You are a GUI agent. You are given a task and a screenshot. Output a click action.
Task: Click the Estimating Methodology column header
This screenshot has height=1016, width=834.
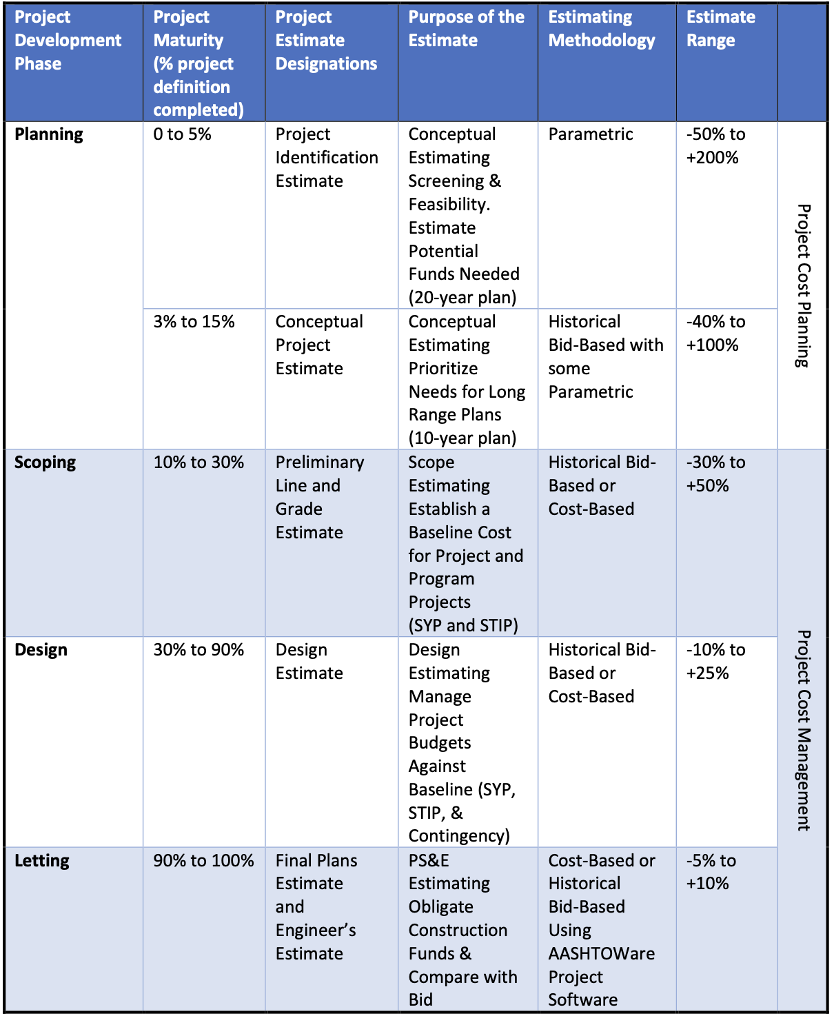click(601, 29)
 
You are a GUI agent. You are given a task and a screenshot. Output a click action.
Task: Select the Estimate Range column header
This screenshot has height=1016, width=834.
click(720, 29)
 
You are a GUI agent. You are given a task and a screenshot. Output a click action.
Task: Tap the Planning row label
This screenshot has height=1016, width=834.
click(49, 134)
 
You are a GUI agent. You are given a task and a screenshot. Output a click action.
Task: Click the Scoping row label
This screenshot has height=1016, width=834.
click(45, 463)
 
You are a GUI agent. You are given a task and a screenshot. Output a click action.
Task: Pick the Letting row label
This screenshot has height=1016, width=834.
click(42, 861)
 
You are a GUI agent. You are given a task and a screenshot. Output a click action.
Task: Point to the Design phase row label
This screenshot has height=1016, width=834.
click(41, 650)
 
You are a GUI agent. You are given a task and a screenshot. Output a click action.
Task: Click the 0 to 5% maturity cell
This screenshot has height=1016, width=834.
click(182, 134)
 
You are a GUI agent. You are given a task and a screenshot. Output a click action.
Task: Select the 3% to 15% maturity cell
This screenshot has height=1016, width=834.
click(194, 322)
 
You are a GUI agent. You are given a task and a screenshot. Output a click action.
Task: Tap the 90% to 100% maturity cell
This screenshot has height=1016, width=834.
click(203, 861)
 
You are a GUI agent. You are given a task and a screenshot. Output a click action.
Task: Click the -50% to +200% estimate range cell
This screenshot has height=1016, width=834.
click(715, 146)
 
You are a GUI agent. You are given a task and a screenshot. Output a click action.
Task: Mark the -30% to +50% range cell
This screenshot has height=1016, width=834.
click(715, 474)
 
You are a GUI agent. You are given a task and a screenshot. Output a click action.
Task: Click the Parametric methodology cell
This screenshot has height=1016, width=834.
click(591, 134)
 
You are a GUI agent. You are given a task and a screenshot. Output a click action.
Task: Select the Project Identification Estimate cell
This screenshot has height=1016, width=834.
click(326, 158)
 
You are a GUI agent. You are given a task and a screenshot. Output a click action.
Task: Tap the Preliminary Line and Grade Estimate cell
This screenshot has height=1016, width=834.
click(319, 497)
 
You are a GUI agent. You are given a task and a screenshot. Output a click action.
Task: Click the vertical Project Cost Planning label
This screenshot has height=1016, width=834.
click(803, 285)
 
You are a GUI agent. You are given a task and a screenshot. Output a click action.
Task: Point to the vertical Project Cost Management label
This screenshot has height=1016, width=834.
click(803, 730)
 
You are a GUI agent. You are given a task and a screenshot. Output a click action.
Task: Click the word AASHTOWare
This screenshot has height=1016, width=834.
click(601, 954)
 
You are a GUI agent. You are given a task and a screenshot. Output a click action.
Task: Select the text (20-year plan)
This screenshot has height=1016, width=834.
click(462, 298)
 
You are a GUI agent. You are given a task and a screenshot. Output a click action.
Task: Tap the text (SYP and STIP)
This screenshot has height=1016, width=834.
click(462, 626)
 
